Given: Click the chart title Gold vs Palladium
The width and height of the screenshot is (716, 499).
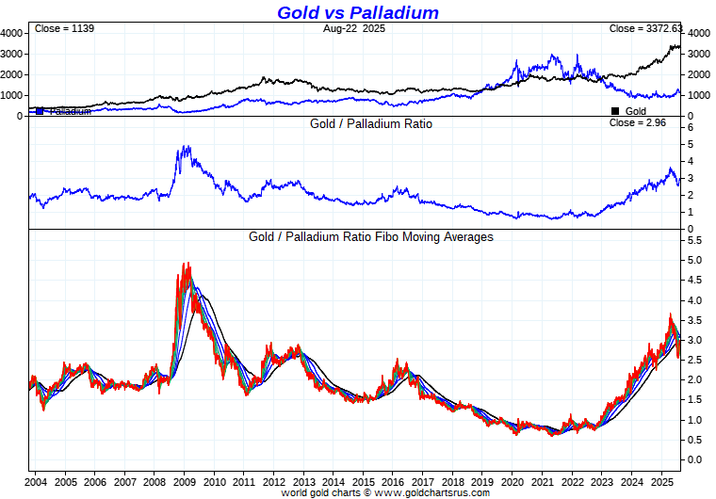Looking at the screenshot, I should (357, 12).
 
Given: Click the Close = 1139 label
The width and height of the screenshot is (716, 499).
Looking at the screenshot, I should (64, 29).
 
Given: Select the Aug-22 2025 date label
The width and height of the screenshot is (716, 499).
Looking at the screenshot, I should (354, 29).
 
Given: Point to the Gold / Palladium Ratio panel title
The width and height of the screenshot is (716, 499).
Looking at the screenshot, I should (371, 123).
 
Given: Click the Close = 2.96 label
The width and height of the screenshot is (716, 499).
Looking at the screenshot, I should (638, 123).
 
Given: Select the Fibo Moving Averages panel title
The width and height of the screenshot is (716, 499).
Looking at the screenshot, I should (371, 237).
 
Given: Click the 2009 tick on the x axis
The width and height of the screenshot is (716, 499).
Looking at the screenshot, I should (184, 481).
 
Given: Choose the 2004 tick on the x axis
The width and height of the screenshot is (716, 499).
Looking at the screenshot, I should (37, 481).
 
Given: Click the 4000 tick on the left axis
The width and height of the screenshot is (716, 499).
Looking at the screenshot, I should (11, 33).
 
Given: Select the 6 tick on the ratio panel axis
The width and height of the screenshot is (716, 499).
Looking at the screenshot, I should (691, 127).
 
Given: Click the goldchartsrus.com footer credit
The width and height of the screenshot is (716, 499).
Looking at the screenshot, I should (385, 492).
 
